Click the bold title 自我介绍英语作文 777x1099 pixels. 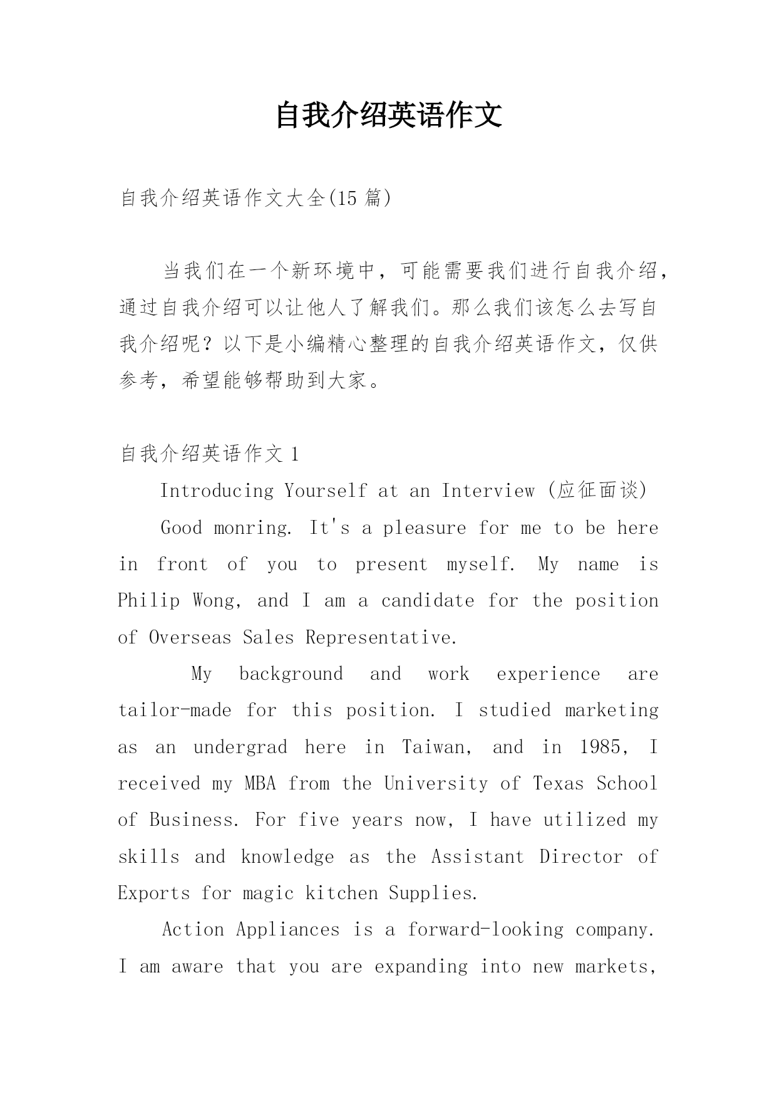(388, 115)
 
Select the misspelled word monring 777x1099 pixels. (252, 528)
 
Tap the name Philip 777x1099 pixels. (148, 601)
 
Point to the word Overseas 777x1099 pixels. (190, 637)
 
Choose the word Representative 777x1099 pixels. (381, 637)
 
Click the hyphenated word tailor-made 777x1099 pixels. (175, 711)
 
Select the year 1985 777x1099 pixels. (599, 747)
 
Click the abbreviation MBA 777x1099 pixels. (260, 784)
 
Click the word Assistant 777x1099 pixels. (477, 857)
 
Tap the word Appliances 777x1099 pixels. (288, 930)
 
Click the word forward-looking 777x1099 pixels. (486, 930)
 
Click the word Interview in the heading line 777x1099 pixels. (488, 491)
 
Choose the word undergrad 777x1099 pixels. (240, 747)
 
